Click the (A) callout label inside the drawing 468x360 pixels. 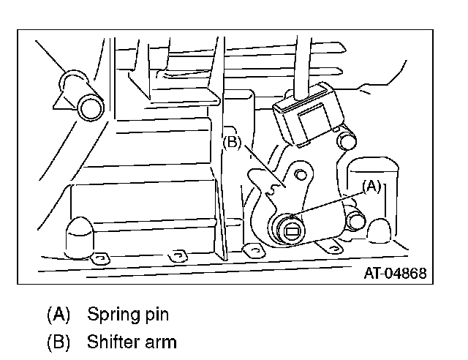pos(371,186)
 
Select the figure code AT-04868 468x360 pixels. pos(394,274)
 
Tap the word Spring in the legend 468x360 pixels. pos(110,315)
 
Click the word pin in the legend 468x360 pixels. pos(156,316)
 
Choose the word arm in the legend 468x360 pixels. pos(163,341)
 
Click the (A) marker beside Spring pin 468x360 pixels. pos(58,315)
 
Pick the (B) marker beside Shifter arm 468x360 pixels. pos(58,341)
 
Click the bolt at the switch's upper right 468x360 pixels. pos(347,139)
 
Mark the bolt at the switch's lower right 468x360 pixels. pos(356,220)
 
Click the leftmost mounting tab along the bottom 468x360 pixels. pos(101,258)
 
